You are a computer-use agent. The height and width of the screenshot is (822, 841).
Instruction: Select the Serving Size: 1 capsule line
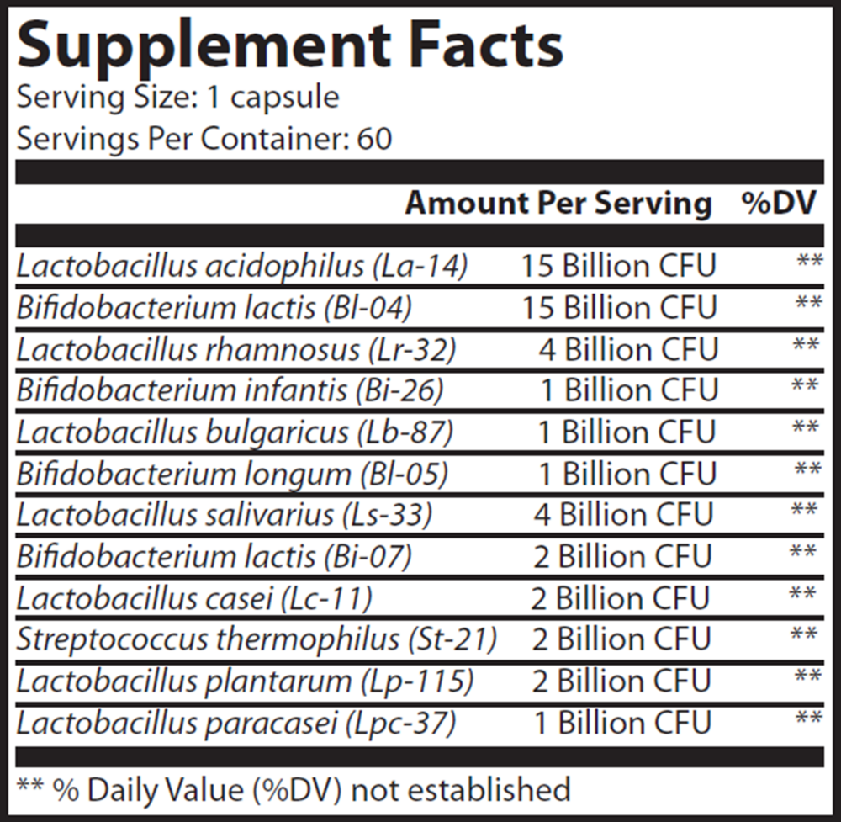(x=177, y=98)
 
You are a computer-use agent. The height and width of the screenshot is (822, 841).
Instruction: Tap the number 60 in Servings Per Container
(x=373, y=139)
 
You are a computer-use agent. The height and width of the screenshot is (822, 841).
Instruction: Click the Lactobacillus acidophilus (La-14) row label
(x=241, y=267)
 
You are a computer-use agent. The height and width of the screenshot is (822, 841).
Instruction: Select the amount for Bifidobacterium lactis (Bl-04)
(x=617, y=308)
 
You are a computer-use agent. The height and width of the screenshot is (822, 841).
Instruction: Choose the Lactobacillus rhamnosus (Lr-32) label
(x=235, y=349)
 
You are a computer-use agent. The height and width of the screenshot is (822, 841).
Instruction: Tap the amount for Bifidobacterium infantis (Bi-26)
(x=627, y=390)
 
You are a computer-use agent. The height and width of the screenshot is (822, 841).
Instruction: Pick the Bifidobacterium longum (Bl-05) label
(x=232, y=474)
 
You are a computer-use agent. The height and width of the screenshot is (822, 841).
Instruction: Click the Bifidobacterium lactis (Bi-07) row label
(x=214, y=556)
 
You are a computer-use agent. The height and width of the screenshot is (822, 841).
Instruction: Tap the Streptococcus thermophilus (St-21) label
(x=257, y=639)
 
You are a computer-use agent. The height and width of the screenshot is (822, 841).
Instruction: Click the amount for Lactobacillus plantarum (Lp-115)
(x=621, y=681)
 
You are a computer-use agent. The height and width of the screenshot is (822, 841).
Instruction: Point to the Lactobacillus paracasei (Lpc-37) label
(x=236, y=723)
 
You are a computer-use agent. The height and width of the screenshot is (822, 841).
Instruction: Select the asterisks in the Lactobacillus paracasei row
(x=808, y=719)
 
